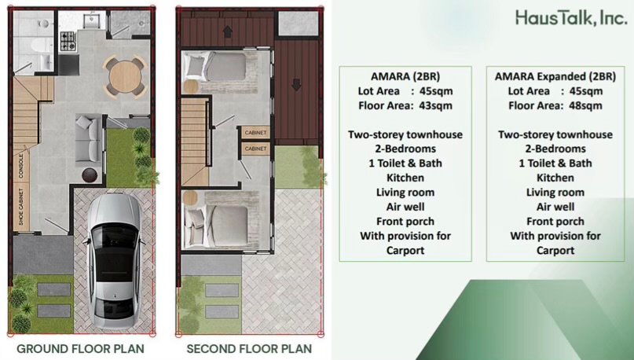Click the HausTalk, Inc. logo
click(x=571, y=18)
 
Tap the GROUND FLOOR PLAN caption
click(x=80, y=349)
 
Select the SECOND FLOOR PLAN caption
click(x=249, y=349)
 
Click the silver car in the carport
click(x=115, y=261)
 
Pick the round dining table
click(x=125, y=77)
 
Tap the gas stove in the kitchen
click(x=68, y=41)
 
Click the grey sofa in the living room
click(x=88, y=138)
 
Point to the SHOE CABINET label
click(x=21, y=207)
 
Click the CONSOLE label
click(x=21, y=166)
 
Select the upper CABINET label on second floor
click(x=255, y=133)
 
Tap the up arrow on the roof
click(x=228, y=31)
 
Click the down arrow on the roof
click(x=296, y=85)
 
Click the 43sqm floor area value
click(x=436, y=105)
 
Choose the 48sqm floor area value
click(x=586, y=105)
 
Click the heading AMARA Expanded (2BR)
click(x=555, y=76)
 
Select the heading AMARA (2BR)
click(x=405, y=76)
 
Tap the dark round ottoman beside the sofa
click(x=90, y=175)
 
